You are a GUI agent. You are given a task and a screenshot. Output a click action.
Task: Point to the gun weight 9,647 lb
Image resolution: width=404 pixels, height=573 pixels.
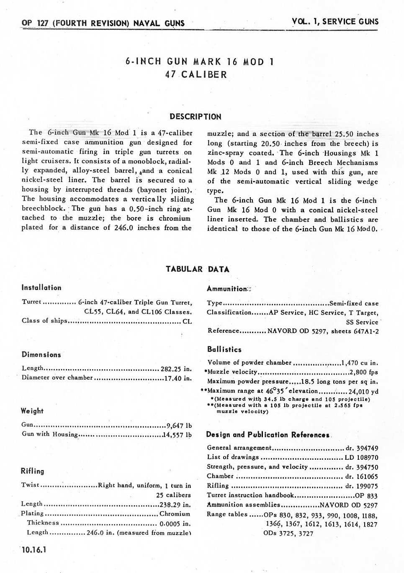179,425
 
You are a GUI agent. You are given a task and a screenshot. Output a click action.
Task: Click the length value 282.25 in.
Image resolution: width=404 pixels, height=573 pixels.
176,369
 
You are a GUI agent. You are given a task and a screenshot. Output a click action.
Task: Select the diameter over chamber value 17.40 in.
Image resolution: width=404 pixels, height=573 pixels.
178,378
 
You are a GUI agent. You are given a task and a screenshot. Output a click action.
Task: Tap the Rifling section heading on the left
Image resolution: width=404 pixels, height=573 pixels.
32,471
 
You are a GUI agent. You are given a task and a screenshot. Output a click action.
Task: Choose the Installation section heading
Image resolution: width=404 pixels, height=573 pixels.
41,288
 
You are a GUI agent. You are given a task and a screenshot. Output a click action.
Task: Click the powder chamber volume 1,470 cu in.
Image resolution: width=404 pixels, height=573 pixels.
360,363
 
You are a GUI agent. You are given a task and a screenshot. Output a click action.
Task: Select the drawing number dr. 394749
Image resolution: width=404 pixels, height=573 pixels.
362,448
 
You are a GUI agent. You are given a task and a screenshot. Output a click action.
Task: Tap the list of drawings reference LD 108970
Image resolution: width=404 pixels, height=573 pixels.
361,457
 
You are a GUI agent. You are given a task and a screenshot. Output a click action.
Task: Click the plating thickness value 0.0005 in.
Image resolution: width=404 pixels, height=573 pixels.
175,523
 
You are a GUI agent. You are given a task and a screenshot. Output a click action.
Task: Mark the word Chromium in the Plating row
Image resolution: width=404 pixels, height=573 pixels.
175,513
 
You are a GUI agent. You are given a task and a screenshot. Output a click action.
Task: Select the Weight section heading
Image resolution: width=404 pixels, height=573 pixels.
32,411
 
